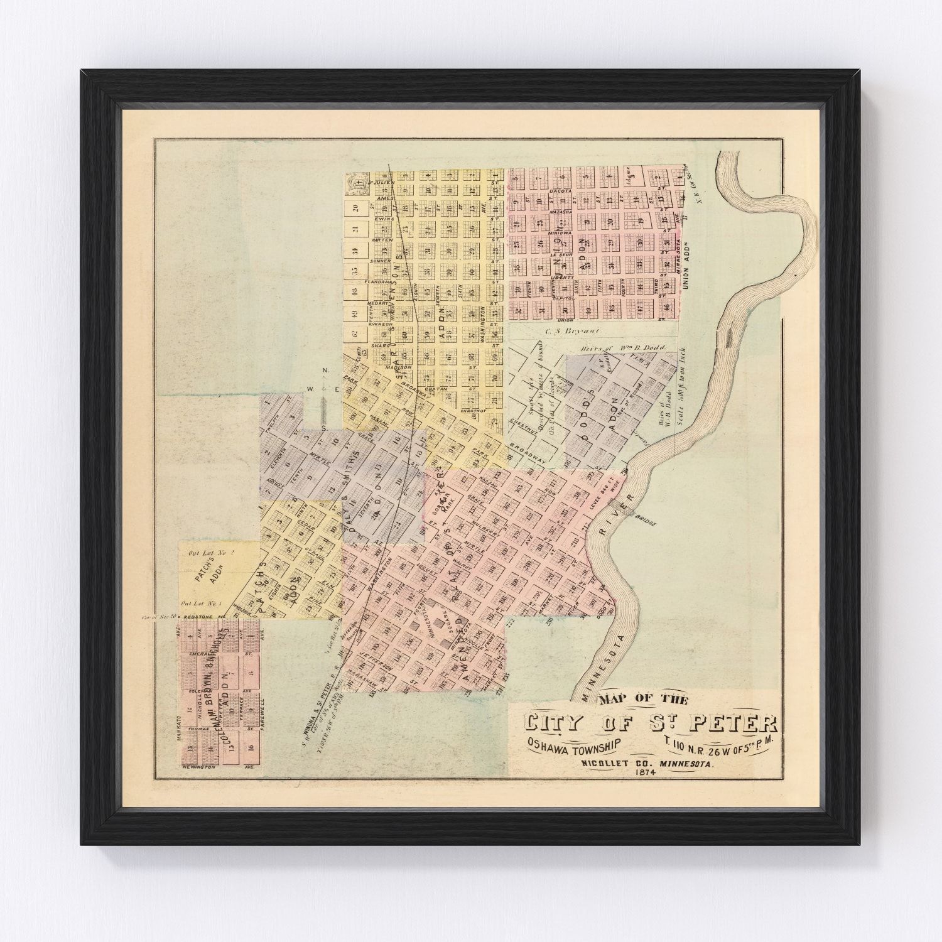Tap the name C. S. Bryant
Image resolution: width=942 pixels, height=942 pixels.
561,330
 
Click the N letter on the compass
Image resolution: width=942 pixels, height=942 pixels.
325,371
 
